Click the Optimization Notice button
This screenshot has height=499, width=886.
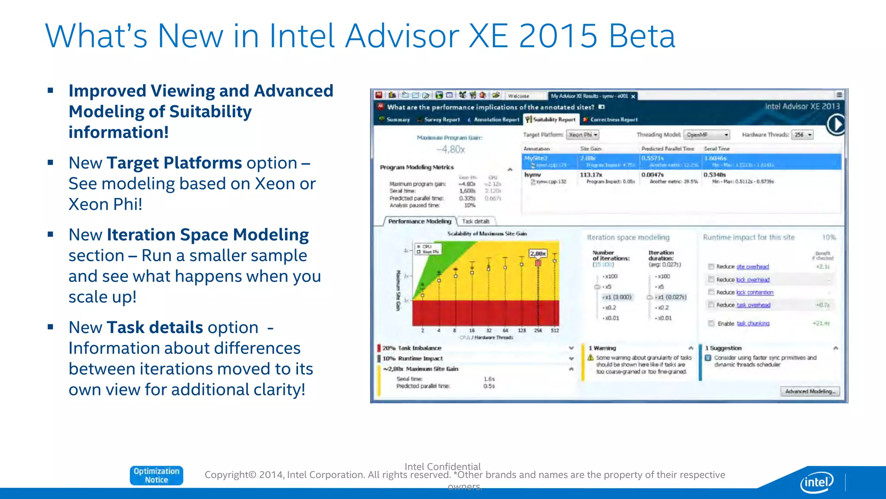(156, 475)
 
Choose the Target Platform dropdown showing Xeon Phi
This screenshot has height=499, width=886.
(583, 135)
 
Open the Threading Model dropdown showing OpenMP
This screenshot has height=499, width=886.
(707, 135)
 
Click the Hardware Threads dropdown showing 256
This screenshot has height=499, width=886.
(803, 135)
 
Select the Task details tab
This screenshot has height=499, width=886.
(475, 221)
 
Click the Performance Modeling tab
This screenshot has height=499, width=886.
(419, 221)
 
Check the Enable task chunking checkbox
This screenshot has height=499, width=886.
(711, 323)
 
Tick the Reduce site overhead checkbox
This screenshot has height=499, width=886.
(711, 266)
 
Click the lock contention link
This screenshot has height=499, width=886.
(755, 292)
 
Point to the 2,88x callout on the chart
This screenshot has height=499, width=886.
(538, 253)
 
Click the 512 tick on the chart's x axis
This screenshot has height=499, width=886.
(555, 331)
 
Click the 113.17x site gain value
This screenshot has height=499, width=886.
(591, 175)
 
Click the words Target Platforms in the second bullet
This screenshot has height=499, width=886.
(174, 163)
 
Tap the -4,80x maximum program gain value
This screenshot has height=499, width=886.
(451, 149)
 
